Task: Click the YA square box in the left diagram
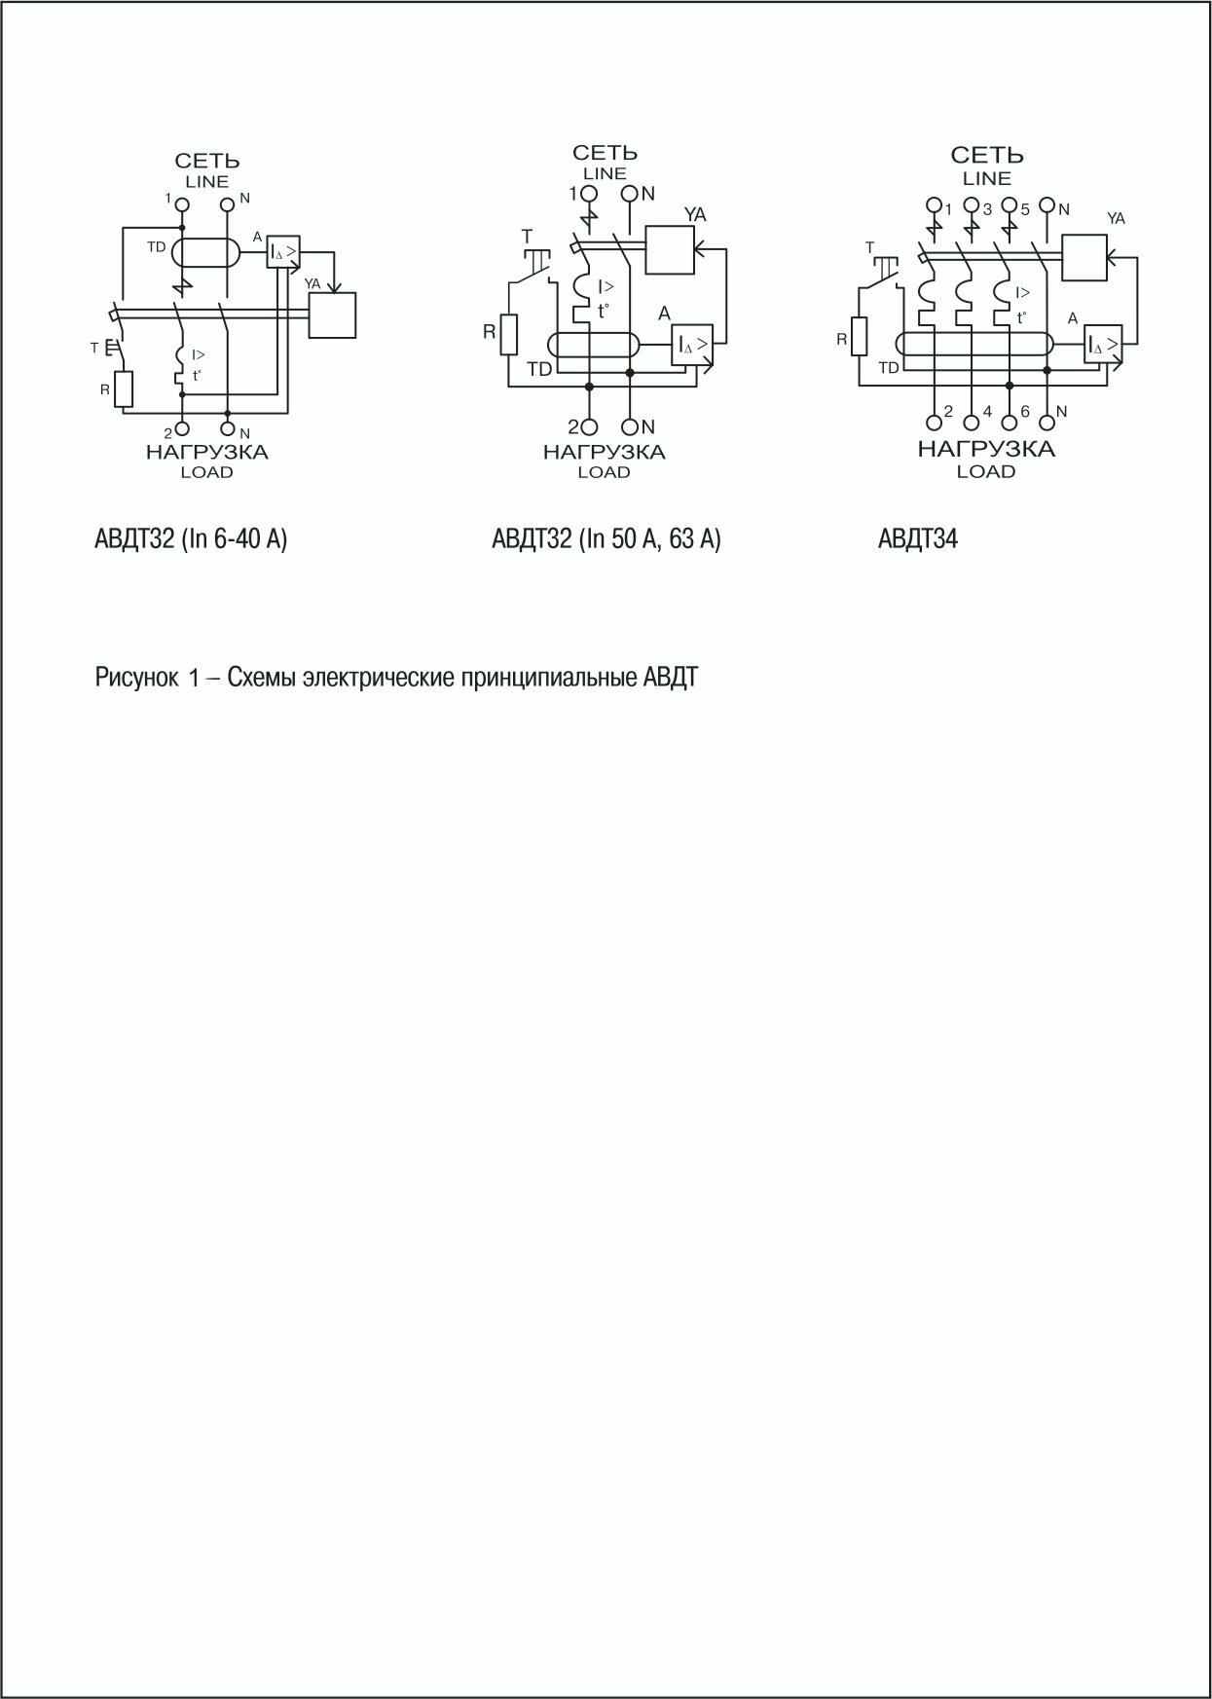click(x=332, y=315)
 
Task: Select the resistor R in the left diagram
click(x=123, y=389)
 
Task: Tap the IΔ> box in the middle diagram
click(x=691, y=345)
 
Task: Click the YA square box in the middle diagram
click(x=671, y=250)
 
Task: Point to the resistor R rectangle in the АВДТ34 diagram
click(x=858, y=337)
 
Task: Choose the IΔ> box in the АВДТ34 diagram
click(x=1104, y=345)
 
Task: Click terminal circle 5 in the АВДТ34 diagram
click(x=1010, y=207)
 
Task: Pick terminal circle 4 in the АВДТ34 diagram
click(x=972, y=422)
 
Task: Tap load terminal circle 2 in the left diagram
click(x=182, y=428)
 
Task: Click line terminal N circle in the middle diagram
click(x=630, y=194)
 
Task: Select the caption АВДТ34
click(x=917, y=538)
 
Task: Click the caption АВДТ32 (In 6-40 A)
click(x=191, y=538)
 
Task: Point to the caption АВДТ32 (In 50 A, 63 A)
click(x=606, y=538)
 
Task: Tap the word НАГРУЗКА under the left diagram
click(x=206, y=452)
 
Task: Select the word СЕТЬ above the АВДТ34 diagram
click(x=987, y=156)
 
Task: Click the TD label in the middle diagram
click(x=538, y=369)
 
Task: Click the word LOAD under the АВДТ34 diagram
click(x=986, y=472)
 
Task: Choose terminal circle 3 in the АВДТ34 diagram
click(x=972, y=207)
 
